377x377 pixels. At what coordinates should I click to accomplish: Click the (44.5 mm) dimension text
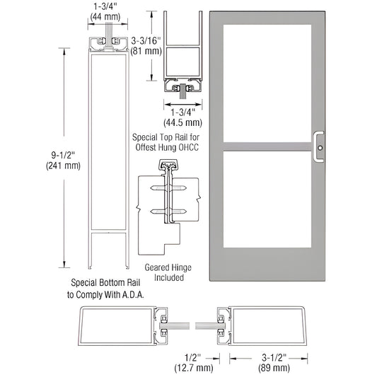click(x=181, y=119)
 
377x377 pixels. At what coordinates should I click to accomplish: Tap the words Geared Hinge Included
click(x=164, y=273)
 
